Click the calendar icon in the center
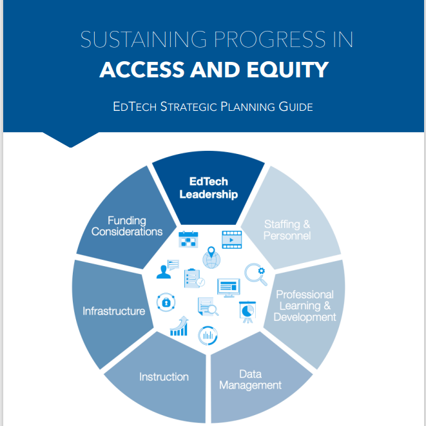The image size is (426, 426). [x=188, y=239]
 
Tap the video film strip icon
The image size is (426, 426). [x=231, y=239]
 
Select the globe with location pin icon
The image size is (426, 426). [x=211, y=258]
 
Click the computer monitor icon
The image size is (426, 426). [x=229, y=287]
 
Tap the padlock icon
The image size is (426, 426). [x=166, y=302]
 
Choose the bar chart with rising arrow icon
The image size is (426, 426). [x=179, y=327]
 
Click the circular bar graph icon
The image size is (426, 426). [x=208, y=334]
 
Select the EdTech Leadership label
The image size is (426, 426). [x=208, y=188]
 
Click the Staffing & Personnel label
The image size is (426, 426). [x=287, y=230]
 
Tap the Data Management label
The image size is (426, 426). [x=250, y=380]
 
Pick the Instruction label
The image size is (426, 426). [x=164, y=377]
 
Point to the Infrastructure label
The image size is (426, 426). [x=113, y=311]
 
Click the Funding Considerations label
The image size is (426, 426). [x=127, y=226]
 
